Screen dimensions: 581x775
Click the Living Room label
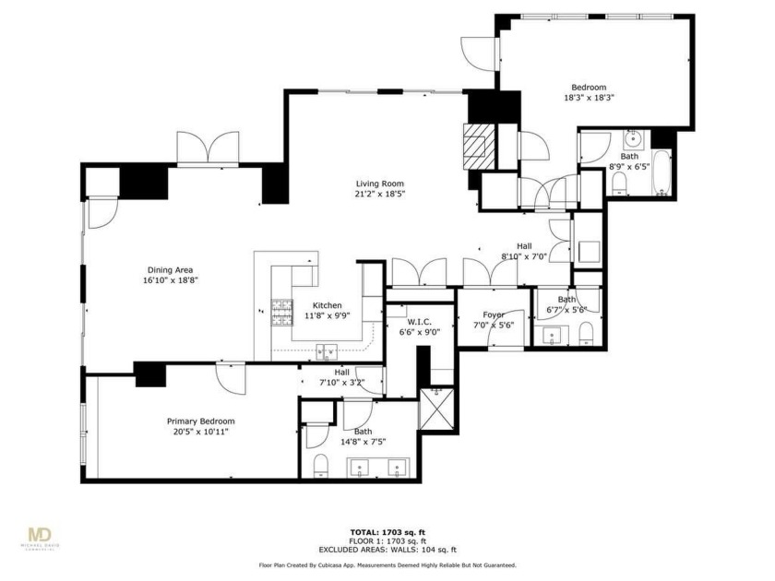pyautogui.click(x=379, y=184)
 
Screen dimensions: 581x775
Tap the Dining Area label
pyautogui.click(x=171, y=269)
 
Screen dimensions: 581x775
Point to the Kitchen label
pyautogui.click(x=327, y=305)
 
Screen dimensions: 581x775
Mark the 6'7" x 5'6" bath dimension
pyautogui.click(x=566, y=310)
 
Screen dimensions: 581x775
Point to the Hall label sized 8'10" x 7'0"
pyautogui.click(x=523, y=256)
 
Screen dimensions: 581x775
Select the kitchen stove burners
pyautogui.click(x=281, y=309)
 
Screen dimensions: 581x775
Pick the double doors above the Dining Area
pyautogui.click(x=201, y=148)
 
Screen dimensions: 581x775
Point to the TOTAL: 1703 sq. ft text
pyautogui.click(x=387, y=533)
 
